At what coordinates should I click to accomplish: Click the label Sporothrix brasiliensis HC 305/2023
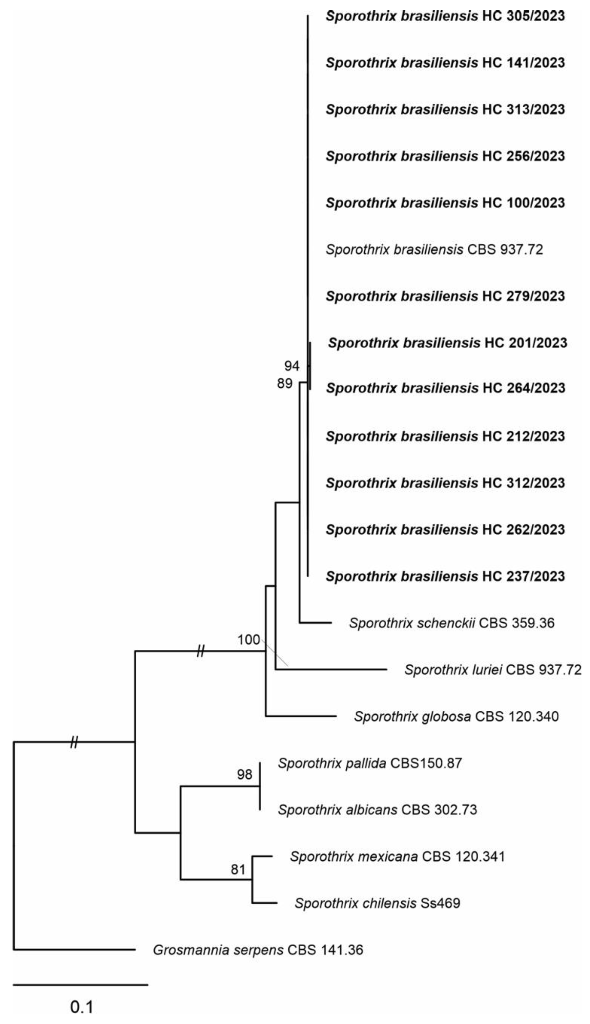tap(445, 16)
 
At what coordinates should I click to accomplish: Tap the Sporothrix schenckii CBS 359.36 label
tap(451, 623)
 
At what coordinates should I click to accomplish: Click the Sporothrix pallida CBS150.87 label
tap(370, 763)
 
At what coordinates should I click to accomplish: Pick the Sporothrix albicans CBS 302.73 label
tap(377, 810)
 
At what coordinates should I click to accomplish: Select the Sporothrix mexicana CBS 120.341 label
tap(397, 857)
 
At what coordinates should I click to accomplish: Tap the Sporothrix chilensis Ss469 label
tap(377, 903)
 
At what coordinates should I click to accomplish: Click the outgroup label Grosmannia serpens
tap(258, 950)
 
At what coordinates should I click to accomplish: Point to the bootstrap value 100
tap(249, 640)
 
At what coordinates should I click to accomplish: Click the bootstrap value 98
tap(244, 774)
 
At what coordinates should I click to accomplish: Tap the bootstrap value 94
tap(291, 366)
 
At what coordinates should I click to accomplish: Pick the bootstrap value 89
tap(284, 383)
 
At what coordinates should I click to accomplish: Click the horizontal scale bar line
tap(80, 984)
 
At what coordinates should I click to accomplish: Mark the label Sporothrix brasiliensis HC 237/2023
tap(445, 576)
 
